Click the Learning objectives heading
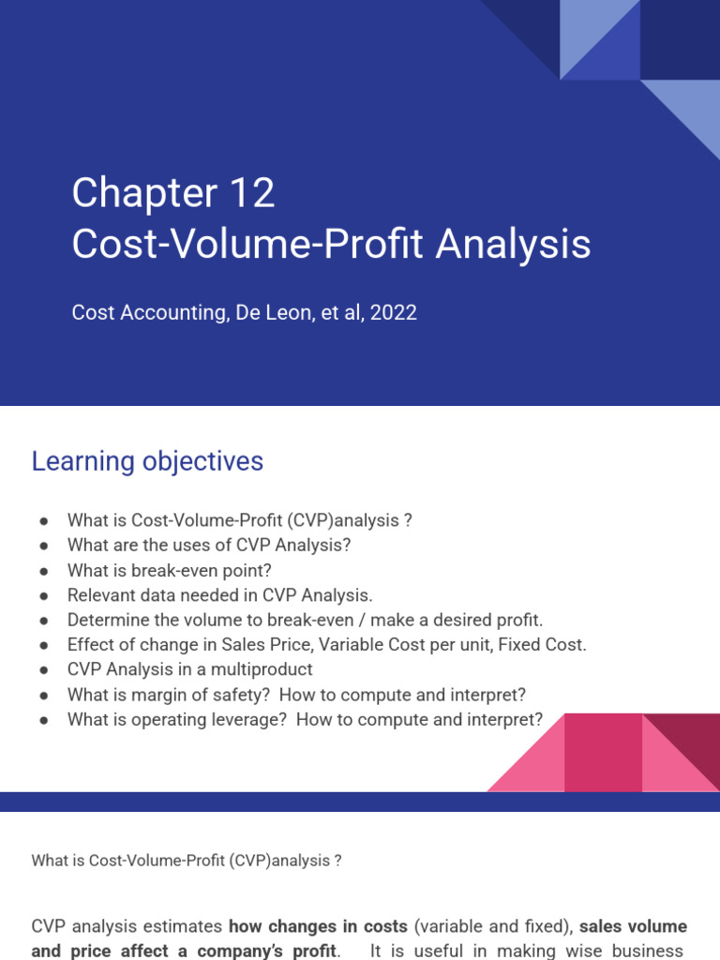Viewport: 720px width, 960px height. [147, 461]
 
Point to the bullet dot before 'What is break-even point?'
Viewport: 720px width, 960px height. [43, 570]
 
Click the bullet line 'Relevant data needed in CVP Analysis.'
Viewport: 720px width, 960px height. [219, 594]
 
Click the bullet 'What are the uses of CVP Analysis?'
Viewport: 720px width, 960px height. [208, 545]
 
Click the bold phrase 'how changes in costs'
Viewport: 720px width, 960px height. [318, 926]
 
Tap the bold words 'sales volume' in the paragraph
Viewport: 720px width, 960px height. [633, 926]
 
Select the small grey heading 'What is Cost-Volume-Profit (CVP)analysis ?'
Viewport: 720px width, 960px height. [187, 861]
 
